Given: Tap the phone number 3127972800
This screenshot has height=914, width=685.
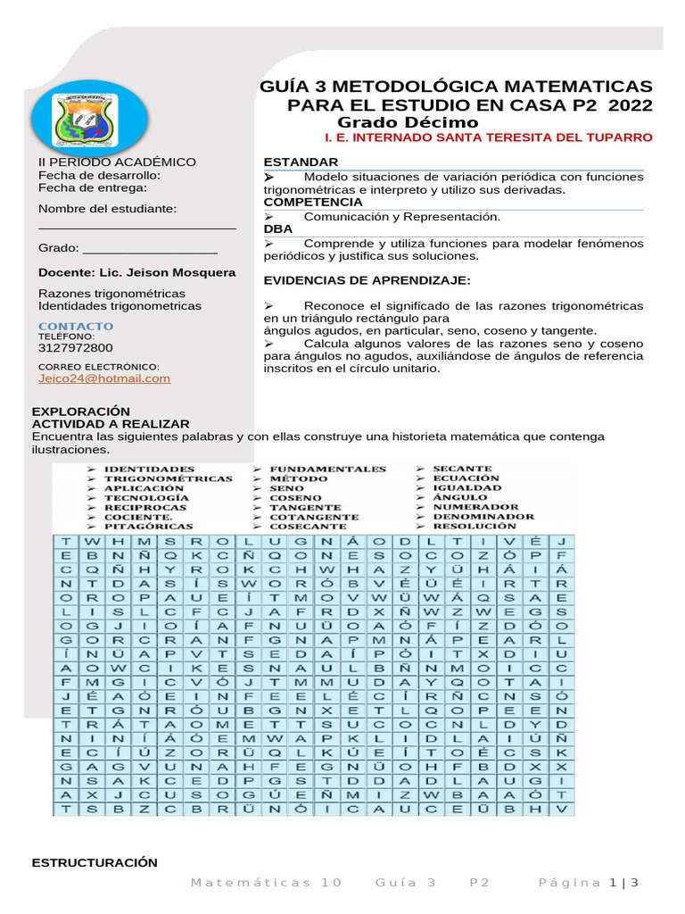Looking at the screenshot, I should click(76, 348).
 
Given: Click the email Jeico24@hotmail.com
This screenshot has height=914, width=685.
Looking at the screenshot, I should click(104, 378).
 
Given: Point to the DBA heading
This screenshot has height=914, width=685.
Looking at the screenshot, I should click(277, 229).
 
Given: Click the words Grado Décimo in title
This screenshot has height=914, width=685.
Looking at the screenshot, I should click(408, 122).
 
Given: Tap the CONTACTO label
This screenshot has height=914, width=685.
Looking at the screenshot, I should click(76, 327).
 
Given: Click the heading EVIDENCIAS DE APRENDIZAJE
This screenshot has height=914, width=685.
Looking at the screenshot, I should click(367, 281).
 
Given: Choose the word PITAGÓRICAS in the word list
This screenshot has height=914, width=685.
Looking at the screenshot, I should click(144, 527).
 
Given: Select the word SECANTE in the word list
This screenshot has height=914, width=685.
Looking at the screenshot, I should click(462, 469).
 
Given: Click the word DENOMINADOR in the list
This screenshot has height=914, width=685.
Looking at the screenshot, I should click(483, 517).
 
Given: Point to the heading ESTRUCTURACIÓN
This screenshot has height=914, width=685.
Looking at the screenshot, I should click(95, 862).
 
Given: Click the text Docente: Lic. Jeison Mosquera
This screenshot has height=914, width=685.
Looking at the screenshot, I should click(137, 272).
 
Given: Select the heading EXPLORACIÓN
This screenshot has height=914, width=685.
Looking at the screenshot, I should click(75, 411).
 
